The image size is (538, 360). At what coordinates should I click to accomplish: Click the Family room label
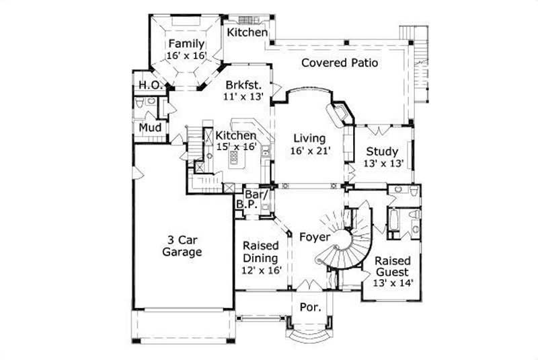186,44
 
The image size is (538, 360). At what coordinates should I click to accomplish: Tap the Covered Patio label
340,63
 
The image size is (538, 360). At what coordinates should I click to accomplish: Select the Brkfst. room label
241,85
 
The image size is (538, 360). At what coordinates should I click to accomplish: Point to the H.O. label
148,85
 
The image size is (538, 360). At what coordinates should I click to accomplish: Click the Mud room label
149,127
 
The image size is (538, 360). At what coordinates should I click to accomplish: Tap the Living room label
311,139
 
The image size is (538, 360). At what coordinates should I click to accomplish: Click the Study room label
381,151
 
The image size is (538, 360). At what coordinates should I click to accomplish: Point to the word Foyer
313,237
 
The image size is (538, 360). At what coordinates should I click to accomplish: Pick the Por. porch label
310,307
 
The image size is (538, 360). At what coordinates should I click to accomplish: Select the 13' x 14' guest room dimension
392,283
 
